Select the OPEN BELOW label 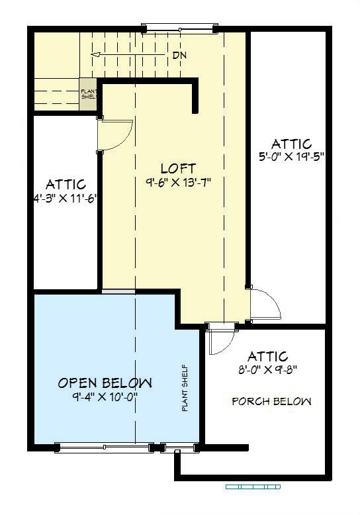coord(105,383)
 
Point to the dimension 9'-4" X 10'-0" coord(105,397)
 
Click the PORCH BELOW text coord(271,401)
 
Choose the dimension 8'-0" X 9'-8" coord(269,370)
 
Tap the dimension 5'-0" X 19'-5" coord(291,156)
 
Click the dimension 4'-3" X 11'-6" coord(65,197)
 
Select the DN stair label coord(179,55)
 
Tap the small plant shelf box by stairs coord(88,93)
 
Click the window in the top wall coord(180,28)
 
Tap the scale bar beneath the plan coord(253,487)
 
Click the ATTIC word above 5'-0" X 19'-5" coord(291,144)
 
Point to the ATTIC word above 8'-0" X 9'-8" coord(269,357)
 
